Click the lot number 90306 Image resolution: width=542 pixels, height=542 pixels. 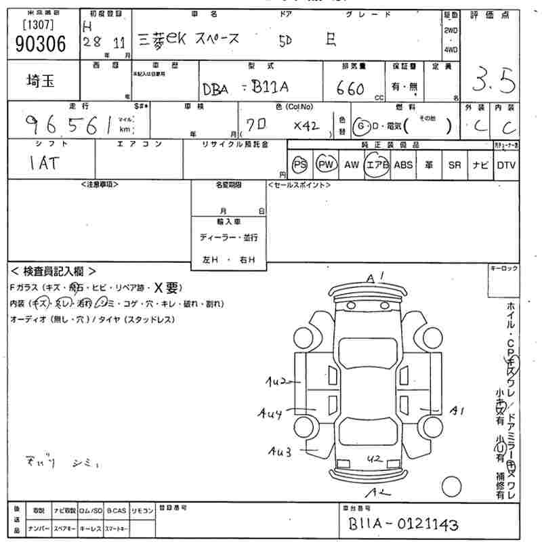tap(40, 43)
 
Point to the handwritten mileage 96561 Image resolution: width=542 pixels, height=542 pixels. tap(68, 124)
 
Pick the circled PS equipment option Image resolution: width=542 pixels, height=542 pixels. tap(299, 165)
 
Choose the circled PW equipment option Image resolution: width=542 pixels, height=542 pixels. tap(326, 165)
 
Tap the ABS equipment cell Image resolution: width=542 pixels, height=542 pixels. tap(403, 165)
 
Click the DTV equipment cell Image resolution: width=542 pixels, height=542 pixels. tap(505, 165)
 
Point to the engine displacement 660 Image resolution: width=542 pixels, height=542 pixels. tap(352, 89)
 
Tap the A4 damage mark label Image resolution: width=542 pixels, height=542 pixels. tap(270, 412)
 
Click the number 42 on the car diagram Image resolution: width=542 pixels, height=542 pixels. tap(373, 459)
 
